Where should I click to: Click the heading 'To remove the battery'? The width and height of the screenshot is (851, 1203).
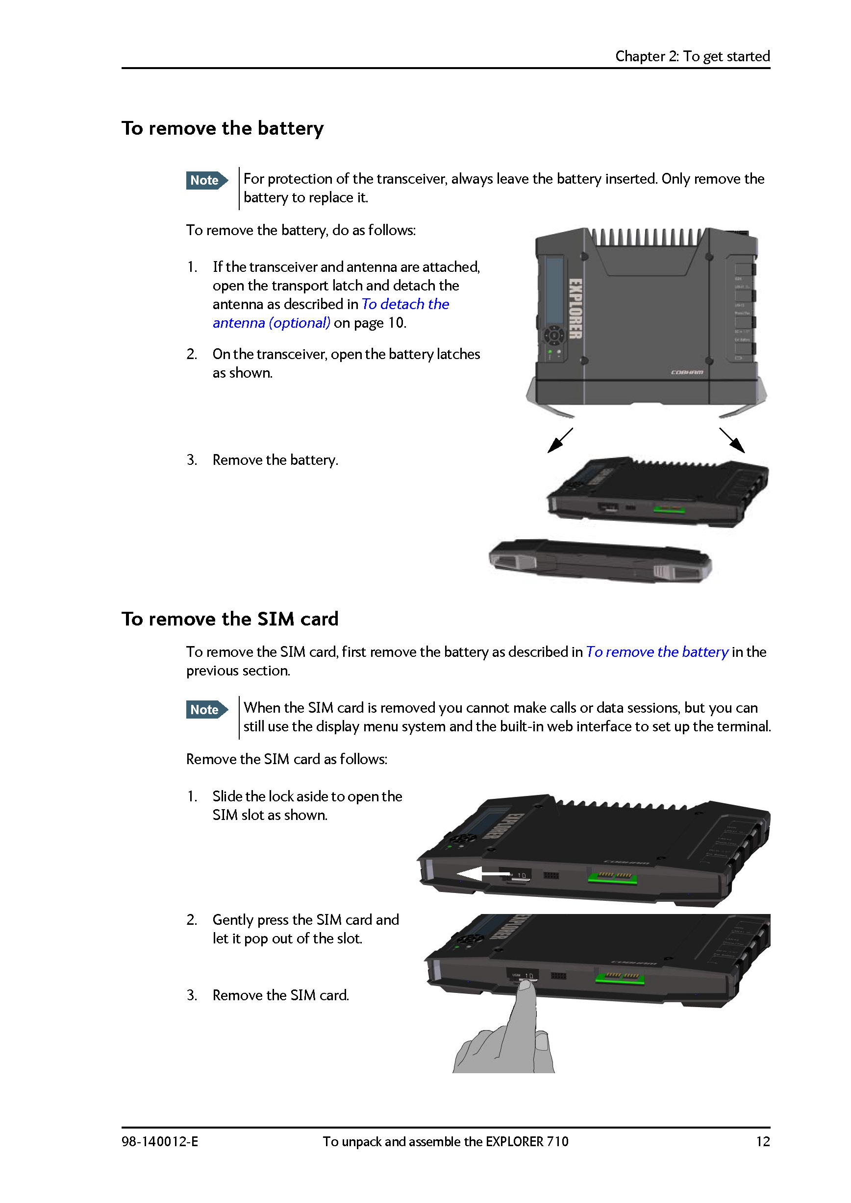pyautogui.click(x=223, y=128)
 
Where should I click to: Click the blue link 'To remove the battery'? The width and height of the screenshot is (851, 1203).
pyautogui.click(x=656, y=652)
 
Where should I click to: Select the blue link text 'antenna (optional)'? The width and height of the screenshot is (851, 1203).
pyautogui.click(x=271, y=323)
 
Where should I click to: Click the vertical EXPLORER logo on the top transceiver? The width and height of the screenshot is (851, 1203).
pyautogui.click(x=575, y=309)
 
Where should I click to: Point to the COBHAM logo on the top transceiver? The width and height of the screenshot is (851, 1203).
pyautogui.click(x=687, y=372)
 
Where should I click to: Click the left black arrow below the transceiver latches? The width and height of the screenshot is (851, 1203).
pyautogui.click(x=559, y=440)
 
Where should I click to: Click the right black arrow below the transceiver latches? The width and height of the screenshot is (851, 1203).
pyautogui.click(x=732, y=440)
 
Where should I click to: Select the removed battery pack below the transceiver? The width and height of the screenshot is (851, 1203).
pyautogui.click(x=600, y=562)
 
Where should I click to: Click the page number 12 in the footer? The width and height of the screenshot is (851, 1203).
pyautogui.click(x=762, y=1141)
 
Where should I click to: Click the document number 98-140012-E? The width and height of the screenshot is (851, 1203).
pyautogui.click(x=160, y=1141)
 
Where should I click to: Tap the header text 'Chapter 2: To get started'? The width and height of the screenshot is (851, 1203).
pyautogui.click(x=692, y=56)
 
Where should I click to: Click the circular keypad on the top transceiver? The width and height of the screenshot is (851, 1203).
pyautogui.click(x=554, y=336)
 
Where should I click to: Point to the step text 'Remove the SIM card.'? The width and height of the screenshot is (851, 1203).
pyautogui.click(x=280, y=995)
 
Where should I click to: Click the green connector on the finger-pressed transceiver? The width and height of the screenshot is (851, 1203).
pyautogui.click(x=619, y=977)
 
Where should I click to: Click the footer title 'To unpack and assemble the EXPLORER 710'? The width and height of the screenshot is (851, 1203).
pyautogui.click(x=445, y=1141)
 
